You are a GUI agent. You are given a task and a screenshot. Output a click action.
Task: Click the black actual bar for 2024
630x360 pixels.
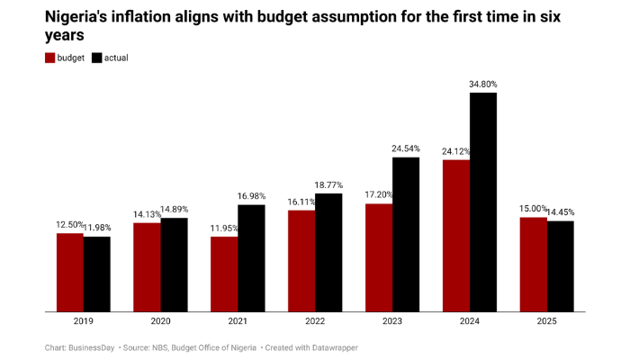[483, 202]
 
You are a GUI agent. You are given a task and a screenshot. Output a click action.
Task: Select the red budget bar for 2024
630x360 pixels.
[456, 236]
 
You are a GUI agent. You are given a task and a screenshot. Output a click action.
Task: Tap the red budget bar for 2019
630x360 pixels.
[70, 273]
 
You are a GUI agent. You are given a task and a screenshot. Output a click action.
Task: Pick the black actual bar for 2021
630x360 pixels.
[251, 258]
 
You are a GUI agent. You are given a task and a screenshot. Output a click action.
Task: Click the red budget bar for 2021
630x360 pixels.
[224, 274]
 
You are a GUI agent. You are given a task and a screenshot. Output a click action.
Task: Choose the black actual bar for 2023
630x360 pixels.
[406, 235]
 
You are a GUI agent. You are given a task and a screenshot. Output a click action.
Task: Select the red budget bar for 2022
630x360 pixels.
[301, 261]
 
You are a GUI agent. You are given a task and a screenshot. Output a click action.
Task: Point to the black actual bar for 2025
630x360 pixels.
[560, 266]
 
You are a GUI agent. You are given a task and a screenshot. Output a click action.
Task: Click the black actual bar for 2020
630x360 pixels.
[174, 265]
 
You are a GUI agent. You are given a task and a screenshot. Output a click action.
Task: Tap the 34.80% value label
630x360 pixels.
[483, 84]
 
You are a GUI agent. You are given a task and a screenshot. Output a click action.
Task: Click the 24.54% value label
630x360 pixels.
[406, 148]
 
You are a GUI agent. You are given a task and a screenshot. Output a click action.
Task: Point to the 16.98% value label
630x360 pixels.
[251, 196]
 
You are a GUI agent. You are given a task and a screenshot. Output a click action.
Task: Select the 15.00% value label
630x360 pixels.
[532, 209]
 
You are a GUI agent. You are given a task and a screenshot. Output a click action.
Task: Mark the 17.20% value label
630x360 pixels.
[379, 195]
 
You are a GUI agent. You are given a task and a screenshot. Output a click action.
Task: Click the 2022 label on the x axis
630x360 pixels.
[315, 321]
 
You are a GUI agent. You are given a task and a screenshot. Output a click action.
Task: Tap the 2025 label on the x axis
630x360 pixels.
[546, 321]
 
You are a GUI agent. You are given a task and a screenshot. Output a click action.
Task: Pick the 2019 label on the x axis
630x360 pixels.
[84, 321]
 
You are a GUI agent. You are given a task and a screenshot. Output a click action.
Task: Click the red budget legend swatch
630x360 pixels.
[51, 58]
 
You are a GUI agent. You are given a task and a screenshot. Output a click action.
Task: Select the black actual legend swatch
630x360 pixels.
[97, 58]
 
